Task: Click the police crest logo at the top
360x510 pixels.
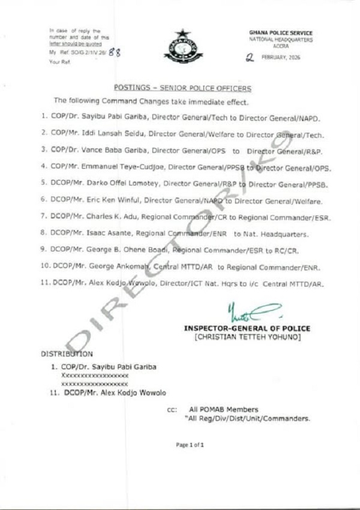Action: [180, 43]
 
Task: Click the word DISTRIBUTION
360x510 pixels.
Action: [67, 353]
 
